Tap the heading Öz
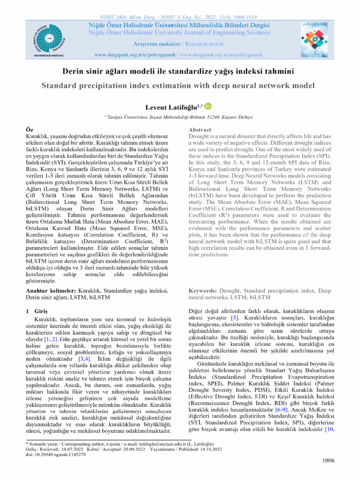tap(29, 129)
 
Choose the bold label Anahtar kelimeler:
tap(51, 291)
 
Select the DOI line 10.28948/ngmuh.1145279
tap(55, 455)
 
